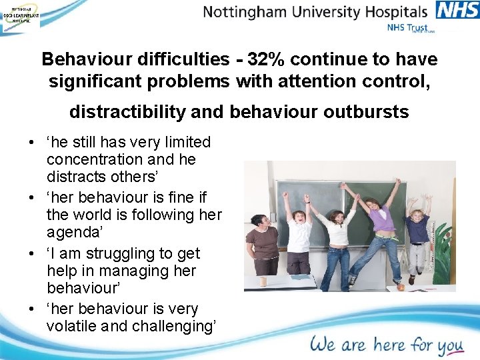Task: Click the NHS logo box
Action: coord(457,11)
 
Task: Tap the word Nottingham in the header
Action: coord(247,12)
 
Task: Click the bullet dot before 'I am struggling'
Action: coord(31,254)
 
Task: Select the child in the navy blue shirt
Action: coord(418,231)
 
